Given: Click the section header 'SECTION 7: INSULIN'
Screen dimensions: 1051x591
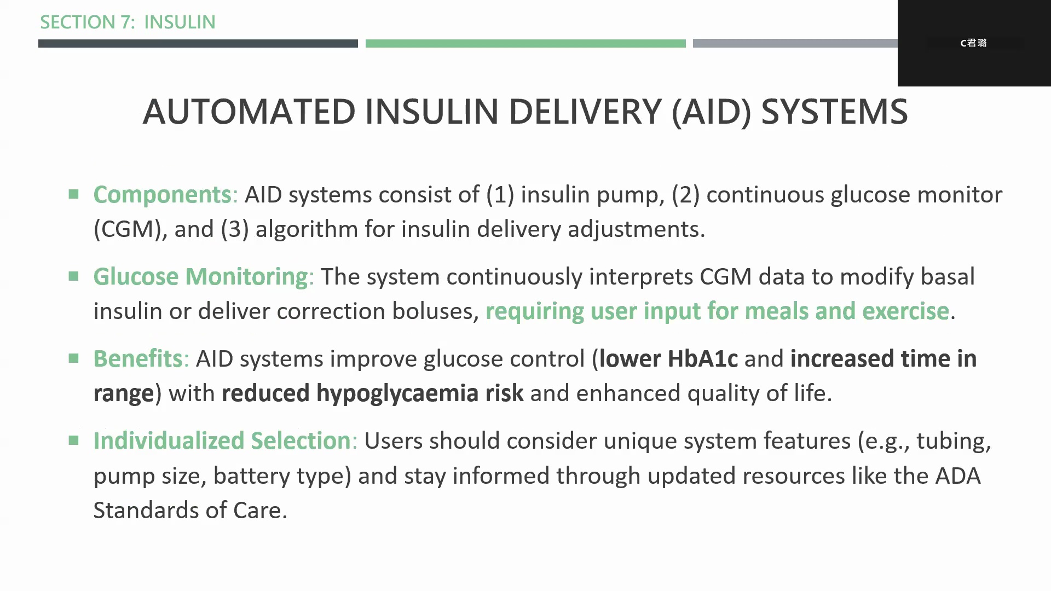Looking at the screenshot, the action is click(128, 22).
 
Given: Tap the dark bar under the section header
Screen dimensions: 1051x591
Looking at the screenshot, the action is click(198, 43).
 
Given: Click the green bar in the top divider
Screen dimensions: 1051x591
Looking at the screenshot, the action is click(525, 43).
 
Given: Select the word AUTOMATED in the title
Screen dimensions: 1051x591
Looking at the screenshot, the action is click(249, 112).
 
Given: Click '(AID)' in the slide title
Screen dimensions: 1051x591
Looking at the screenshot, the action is click(712, 112).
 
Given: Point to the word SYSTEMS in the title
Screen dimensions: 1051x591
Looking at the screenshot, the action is click(834, 112).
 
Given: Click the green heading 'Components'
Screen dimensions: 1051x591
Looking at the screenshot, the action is click(162, 195).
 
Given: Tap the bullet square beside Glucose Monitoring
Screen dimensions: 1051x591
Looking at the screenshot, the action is click(74, 276).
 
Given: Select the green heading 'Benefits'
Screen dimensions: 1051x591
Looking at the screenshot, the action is click(137, 358).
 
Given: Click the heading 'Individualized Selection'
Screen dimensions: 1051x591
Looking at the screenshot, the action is click(222, 441).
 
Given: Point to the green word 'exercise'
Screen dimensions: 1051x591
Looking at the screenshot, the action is click(905, 311).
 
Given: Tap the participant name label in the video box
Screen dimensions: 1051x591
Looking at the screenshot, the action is click(973, 43).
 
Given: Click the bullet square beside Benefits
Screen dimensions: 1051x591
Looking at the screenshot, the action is click(74, 358).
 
